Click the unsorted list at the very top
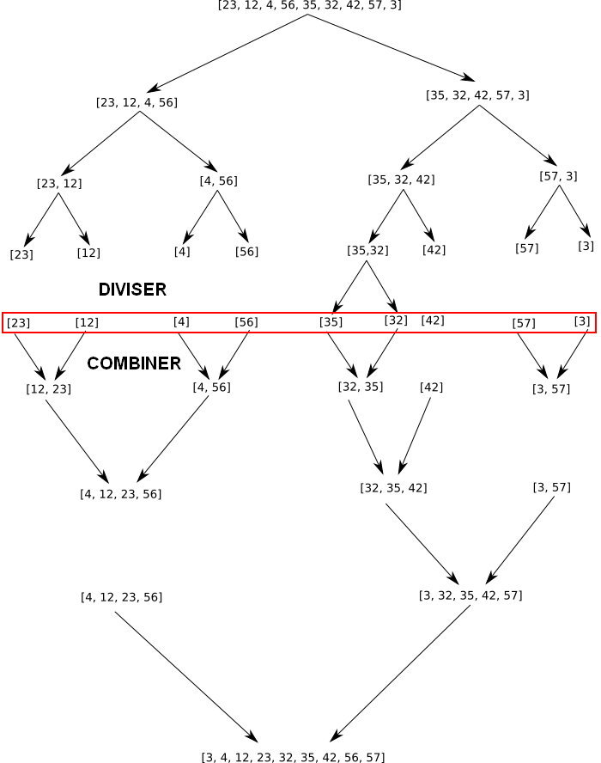coord(309,5)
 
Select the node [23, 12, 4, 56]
coord(137,102)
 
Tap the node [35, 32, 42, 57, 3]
coord(477,95)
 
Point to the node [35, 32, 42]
coord(401,180)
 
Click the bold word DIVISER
coord(132,290)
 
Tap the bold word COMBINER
coord(134,363)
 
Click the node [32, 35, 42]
coord(393,488)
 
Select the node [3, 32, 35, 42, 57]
coord(470,595)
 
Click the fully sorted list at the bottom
coord(293,757)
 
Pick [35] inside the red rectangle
coord(331,322)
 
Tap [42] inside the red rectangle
coord(433,320)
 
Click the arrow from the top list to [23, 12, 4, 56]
coord(227,52)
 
